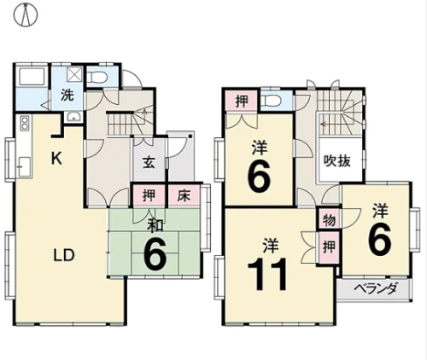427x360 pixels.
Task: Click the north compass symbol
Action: (26, 15)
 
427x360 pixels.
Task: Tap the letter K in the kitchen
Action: (56, 158)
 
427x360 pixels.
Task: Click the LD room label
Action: (64, 255)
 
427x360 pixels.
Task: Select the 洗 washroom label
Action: (67, 96)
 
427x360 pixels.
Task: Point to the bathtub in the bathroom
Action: (32, 77)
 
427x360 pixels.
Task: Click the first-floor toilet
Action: (97, 76)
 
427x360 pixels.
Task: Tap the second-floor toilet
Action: (272, 100)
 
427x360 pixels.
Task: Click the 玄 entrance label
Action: (149, 163)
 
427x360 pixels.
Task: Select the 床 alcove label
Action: (184, 195)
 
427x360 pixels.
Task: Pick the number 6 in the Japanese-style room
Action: (155, 255)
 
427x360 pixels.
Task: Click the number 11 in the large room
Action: (266, 274)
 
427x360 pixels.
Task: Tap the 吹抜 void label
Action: (337, 161)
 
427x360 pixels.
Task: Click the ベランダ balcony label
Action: (375, 289)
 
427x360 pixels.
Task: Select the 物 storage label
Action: (329, 220)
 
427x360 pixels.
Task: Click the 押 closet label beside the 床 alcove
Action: (149, 195)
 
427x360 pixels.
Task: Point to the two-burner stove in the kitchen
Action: (25, 123)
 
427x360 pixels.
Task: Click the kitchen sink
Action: (23, 167)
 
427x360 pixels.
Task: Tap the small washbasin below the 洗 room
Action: (73, 117)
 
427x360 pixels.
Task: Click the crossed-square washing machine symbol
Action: (74, 75)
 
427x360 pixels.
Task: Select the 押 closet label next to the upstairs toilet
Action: (242, 101)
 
